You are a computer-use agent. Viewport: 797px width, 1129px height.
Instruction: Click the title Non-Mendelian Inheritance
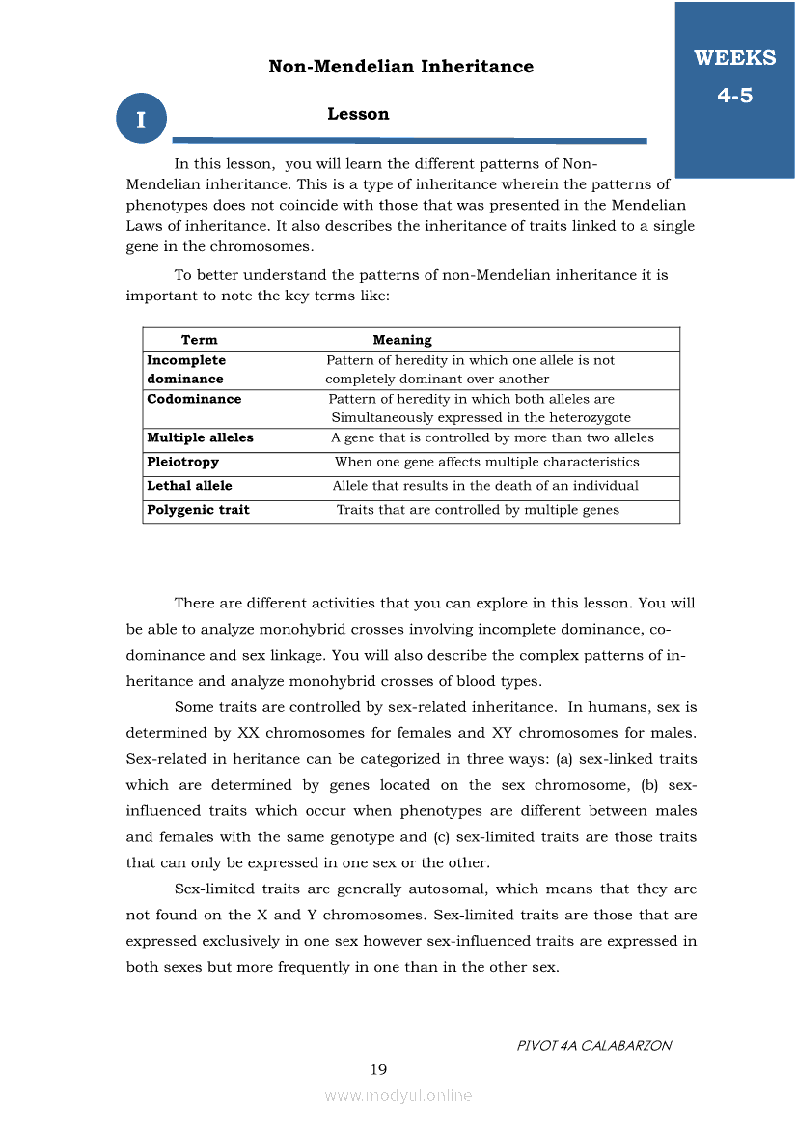click(400, 67)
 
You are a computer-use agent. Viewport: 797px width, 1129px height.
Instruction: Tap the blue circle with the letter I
click(141, 120)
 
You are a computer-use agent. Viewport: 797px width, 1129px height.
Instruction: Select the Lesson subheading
click(358, 114)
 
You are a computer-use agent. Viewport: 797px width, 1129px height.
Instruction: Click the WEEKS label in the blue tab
click(734, 58)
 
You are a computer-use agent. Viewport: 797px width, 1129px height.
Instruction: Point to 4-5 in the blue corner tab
click(734, 96)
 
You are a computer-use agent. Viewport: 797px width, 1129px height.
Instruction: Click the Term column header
click(200, 340)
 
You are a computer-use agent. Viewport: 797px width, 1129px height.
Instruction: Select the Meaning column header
click(402, 340)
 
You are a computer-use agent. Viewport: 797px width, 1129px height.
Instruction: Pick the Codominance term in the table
click(194, 399)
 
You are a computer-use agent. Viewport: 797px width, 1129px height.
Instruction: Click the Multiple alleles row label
click(200, 437)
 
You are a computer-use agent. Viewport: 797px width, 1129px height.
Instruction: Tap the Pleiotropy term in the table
click(182, 462)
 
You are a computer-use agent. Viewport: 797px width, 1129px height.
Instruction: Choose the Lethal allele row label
click(189, 486)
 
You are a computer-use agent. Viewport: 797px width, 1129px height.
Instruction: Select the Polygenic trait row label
click(198, 510)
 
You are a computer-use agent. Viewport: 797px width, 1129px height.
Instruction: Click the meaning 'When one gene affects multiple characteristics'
click(486, 462)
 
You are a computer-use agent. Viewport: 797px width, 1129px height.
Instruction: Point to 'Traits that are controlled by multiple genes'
click(478, 510)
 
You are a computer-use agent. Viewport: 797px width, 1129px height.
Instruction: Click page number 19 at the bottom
click(378, 1069)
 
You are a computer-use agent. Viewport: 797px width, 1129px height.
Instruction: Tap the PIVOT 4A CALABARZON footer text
click(594, 1045)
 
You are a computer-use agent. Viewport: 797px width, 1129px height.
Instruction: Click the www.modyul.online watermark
click(398, 1095)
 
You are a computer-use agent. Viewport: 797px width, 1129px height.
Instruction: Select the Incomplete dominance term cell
click(186, 370)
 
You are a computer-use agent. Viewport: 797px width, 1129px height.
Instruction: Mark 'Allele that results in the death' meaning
click(485, 486)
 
